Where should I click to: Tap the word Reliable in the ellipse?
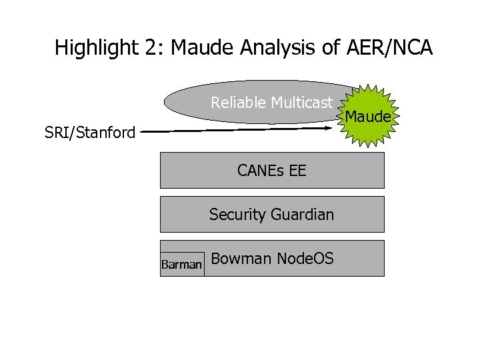tap(239, 103)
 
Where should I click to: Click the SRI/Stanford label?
tap(90, 133)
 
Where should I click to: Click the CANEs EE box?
tap(272, 171)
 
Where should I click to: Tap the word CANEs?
tap(261, 171)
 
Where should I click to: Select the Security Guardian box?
tap(272, 214)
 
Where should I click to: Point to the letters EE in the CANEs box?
tap(297, 171)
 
